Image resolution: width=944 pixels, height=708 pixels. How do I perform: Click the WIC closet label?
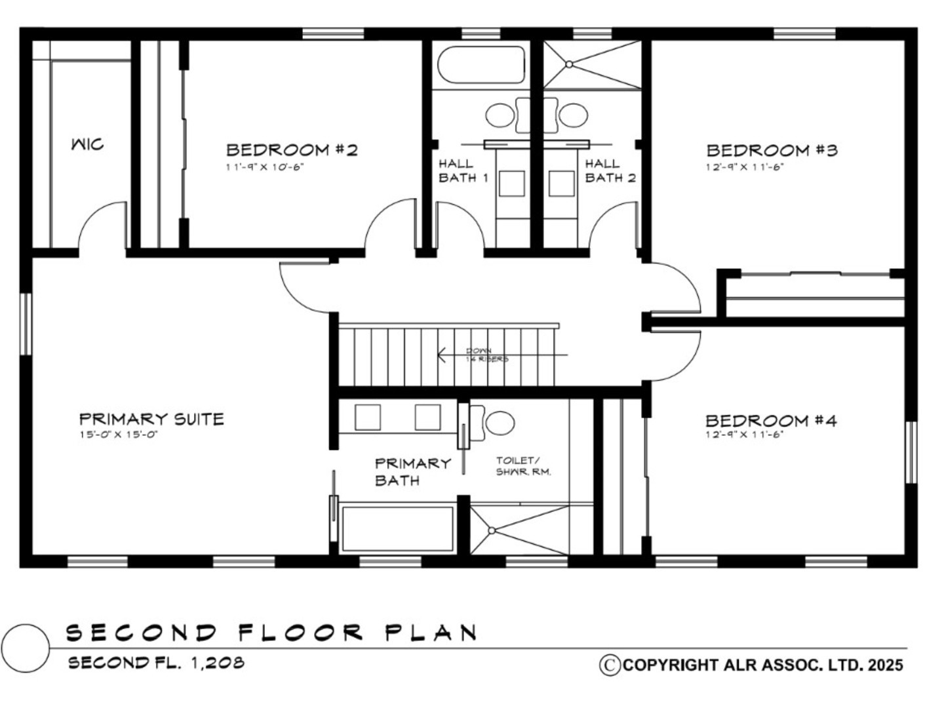pyautogui.click(x=87, y=144)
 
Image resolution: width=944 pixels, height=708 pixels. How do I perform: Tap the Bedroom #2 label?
pyautogui.click(x=292, y=150)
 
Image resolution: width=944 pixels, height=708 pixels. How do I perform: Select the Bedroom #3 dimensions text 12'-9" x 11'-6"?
pyautogui.click(x=745, y=167)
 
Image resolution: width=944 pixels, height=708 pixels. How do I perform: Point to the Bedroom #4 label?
pyautogui.click(x=771, y=420)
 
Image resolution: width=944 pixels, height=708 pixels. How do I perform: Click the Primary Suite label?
pyautogui.click(x=151, y=419)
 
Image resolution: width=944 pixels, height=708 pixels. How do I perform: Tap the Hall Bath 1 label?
pyautogui.click(x=463, y=170)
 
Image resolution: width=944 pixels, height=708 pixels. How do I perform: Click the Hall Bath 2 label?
pyautogui.click(x=610, y=170)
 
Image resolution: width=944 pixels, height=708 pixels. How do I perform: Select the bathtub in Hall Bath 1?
pyautogui.click(x=481, y=64)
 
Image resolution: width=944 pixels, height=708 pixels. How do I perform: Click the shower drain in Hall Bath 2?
pyautogui.click(x=569, y=64)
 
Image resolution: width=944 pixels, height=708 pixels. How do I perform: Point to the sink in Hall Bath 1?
pyautogui.click(x=500, y=115)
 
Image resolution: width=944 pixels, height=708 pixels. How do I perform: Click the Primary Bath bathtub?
pyautogui.click(x=397, y=528)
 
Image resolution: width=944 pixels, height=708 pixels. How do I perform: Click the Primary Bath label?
pyautogui.click(x=412, y=472)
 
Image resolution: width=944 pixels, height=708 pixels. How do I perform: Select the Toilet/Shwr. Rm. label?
pyautogui.click(x=522, y=466)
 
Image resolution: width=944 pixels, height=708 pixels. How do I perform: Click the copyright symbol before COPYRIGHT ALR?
pyautogui.click(x=610, y=665)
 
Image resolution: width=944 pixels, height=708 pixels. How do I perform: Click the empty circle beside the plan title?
pyautogui.click(x=26, y=648)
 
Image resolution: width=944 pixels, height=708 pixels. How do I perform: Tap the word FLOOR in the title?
pyautogui.click(x=300, y=633)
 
